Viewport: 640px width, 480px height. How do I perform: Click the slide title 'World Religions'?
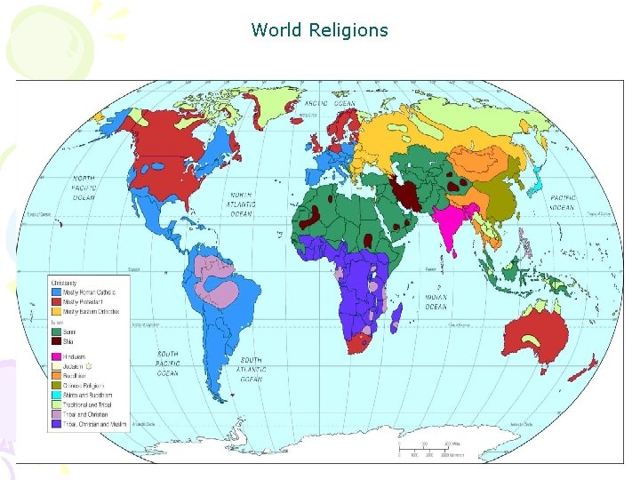320,30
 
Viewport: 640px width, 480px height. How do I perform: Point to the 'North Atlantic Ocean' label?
241,204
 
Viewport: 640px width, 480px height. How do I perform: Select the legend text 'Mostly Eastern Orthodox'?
90,312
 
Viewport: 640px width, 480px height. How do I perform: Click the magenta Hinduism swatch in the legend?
55,356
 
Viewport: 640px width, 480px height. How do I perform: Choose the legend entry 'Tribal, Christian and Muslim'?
92,424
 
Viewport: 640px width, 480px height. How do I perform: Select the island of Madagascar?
396,315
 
